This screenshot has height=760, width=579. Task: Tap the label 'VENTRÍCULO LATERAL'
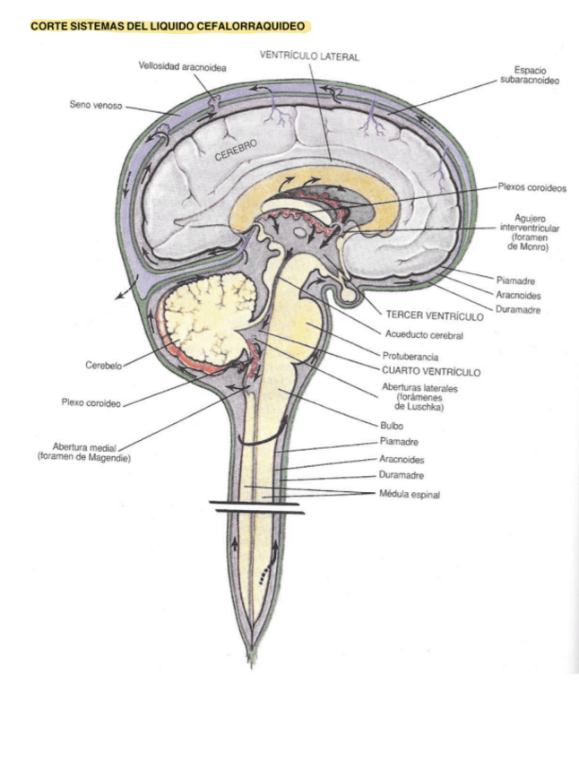coord(309,56)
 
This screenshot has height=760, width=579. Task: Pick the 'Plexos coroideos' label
coord(532,188)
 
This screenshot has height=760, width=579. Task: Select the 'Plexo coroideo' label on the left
coord(91,402)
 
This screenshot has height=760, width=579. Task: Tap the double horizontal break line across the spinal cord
coord(256,507)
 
